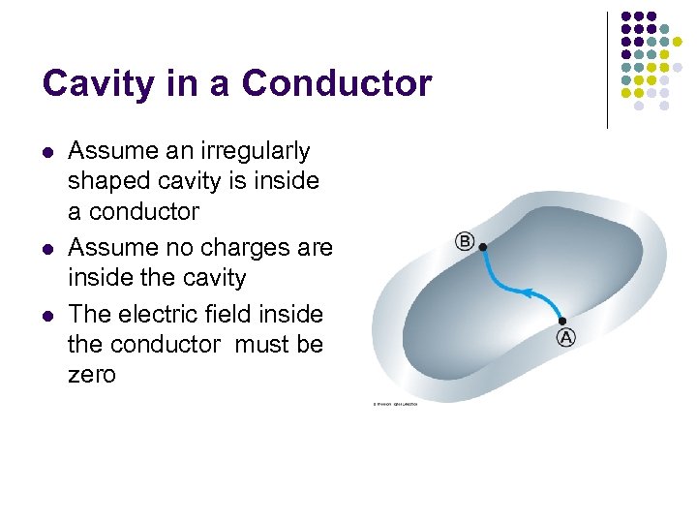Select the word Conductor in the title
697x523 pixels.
[337, 84]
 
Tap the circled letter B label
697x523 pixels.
[465, 241]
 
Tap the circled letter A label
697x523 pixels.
[565, 337]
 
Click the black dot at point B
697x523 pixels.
[483, 247]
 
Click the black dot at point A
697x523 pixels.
[562, 321]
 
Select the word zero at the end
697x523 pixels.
[92, 374]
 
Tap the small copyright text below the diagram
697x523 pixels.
[396, 404]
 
